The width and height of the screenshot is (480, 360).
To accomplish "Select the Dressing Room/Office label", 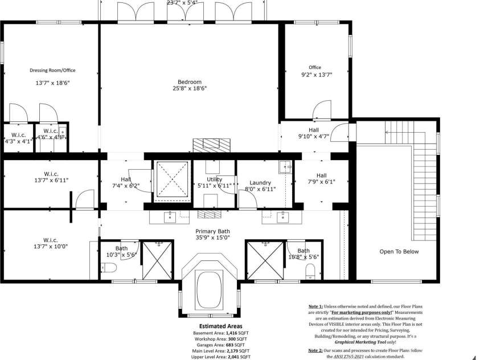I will tap(52, 70).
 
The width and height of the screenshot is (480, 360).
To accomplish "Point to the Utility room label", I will tap(214, 179).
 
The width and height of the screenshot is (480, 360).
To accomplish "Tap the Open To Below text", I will tap(399, 251).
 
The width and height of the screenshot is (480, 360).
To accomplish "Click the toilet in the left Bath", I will tap(111, 268).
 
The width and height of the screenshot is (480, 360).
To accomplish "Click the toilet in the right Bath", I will tap(311, 270).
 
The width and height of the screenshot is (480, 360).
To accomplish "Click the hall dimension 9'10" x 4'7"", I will tap(313, 137).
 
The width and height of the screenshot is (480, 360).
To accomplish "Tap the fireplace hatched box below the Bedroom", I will tap(212, 145).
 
